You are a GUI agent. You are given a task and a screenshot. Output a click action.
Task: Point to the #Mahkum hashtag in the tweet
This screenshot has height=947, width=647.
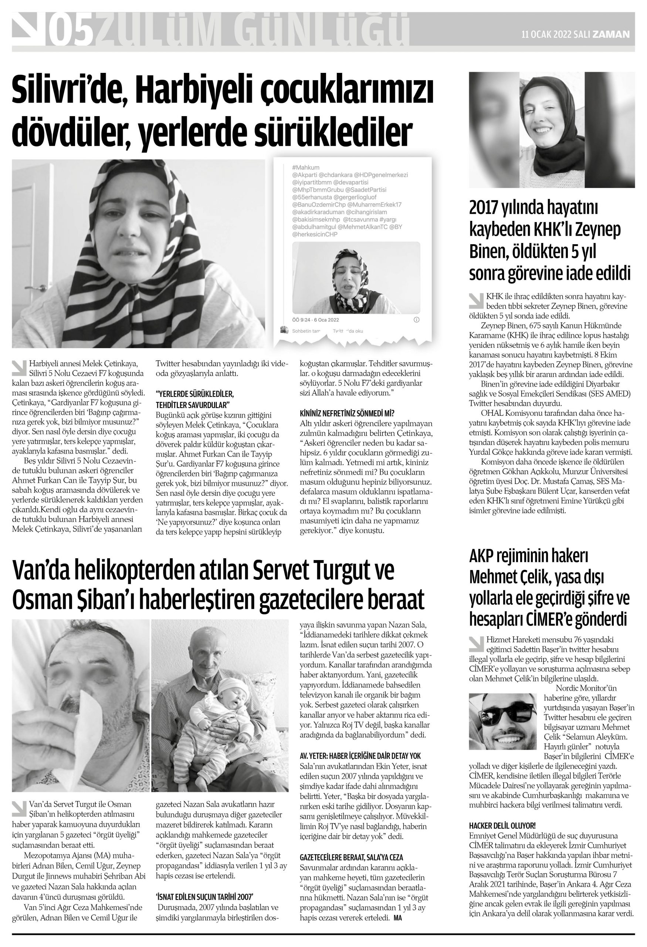click(305, 168)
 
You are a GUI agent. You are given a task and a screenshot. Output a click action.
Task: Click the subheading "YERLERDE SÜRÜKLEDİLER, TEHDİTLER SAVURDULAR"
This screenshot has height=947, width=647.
click(194, 400)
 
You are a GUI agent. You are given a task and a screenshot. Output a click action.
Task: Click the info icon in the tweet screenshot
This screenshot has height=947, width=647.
click(416, 320)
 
